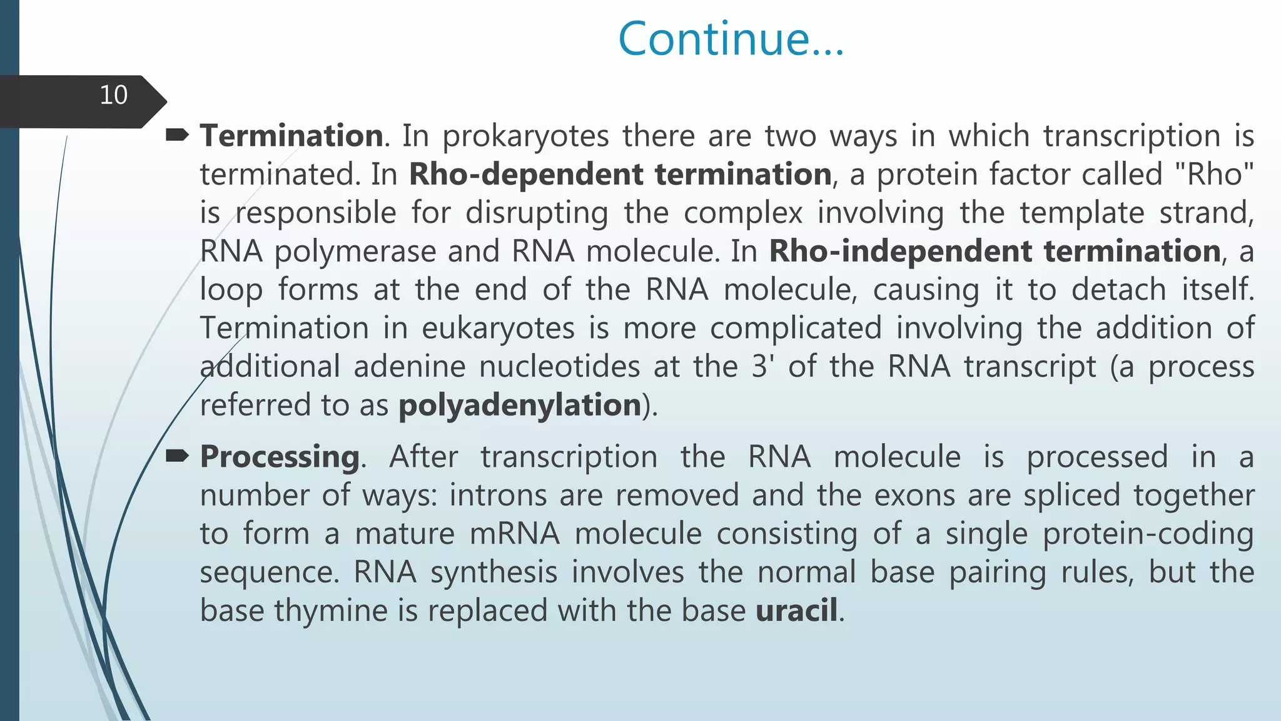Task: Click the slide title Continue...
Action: click(731, 39)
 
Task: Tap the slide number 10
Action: click(113, 95)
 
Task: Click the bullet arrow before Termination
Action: click(177, 135)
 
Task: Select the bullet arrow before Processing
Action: click(177, 456)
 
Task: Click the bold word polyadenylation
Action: click(520, 406)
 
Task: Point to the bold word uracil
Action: click(796, 610)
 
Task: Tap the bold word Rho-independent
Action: click(899, 251)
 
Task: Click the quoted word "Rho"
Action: click(1215, 174)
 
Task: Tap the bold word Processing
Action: click(280, 457)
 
